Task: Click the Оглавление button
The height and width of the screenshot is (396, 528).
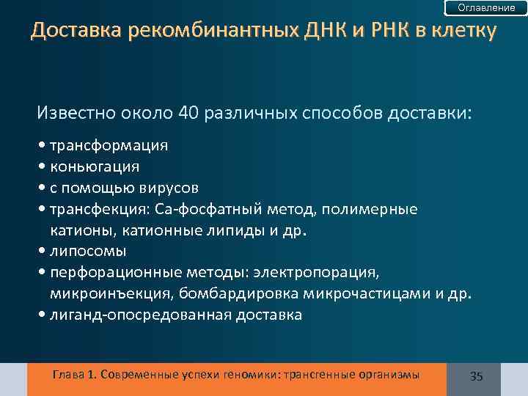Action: (x=486, y=7)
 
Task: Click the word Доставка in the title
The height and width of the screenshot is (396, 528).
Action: (x=73, y=32)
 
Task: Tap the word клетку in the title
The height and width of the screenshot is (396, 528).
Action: (x=460, y=32)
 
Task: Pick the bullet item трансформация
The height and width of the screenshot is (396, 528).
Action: (x=109, y=145)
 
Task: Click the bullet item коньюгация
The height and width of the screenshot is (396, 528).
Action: (x=95, y=166)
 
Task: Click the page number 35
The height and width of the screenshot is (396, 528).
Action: (x=476, y=376)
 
